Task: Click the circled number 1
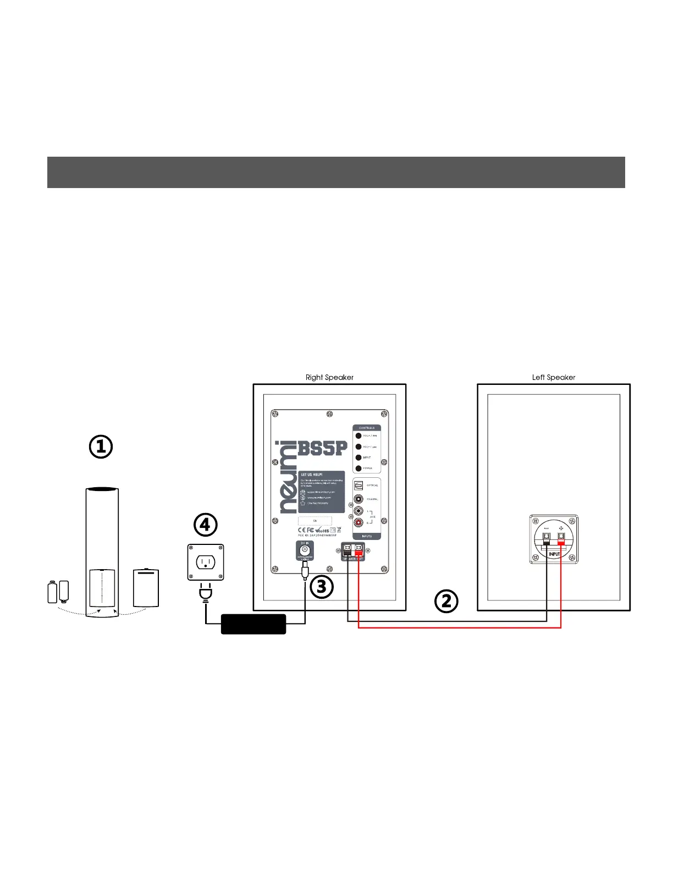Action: (101, 447)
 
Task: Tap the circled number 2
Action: (446, 601)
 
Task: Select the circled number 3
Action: (322, 587)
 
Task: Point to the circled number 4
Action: (205, 525)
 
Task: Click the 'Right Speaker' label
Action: (329, 377)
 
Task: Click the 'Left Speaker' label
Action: (553, 377)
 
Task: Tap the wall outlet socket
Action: (206, 562)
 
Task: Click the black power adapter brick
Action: (253, 624)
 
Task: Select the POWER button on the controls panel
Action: (358, 468)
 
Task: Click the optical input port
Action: (358, 486)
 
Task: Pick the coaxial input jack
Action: (358, 499)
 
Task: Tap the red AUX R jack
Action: (358, 523)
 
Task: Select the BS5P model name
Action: (323, 448)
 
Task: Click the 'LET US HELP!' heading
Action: (311, 475)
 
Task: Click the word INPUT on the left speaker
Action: (554, 554)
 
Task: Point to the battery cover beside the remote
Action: (146, 588)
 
